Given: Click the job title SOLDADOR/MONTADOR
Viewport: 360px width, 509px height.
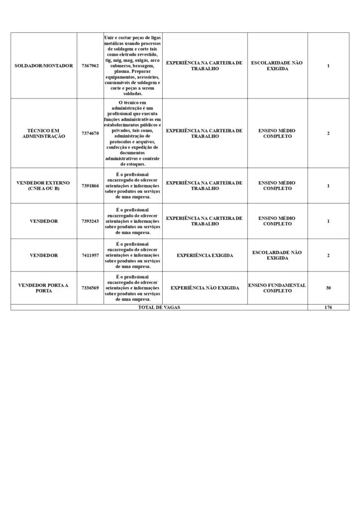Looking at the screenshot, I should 44,66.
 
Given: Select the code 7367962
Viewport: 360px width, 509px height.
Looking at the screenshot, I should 90,66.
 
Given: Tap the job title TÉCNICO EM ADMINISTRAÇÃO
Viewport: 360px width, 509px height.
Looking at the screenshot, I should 44,133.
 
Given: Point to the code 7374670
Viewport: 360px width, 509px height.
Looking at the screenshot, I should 90,133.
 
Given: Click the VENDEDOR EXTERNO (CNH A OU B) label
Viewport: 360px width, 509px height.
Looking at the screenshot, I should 44,186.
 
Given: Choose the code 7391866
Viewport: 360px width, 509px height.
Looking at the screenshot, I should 90,186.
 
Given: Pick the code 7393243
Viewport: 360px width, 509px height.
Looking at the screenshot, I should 90,221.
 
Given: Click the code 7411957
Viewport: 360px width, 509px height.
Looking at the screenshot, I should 90,255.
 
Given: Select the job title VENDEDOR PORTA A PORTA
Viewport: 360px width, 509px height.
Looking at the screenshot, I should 44,288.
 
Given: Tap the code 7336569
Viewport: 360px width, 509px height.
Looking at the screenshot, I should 90,288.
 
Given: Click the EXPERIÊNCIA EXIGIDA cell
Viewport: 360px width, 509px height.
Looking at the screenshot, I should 204,255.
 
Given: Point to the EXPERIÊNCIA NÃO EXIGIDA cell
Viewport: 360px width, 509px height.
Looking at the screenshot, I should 204,288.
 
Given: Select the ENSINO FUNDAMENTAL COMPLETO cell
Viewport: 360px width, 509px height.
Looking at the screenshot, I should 277,288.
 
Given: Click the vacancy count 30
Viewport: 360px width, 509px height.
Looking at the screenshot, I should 328,288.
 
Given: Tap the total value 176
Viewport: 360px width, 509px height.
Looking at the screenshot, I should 328,307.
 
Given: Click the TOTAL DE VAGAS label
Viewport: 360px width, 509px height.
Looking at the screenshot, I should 159,307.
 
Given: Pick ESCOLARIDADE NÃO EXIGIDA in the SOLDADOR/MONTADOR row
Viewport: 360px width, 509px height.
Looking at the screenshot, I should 277,66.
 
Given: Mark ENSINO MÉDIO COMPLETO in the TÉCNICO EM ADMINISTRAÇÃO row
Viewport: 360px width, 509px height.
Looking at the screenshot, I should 277,133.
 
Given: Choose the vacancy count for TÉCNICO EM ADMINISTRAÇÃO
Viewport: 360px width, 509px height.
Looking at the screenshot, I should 328,133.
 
